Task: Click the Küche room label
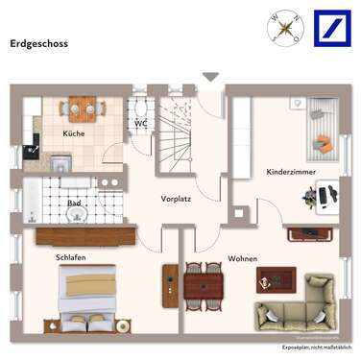[x=75, y=133]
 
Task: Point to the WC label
[x=140, y=123]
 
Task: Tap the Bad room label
[x=74, y=203]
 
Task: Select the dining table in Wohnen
[x=203, y=283]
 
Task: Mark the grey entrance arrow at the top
[x=210, y=77]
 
